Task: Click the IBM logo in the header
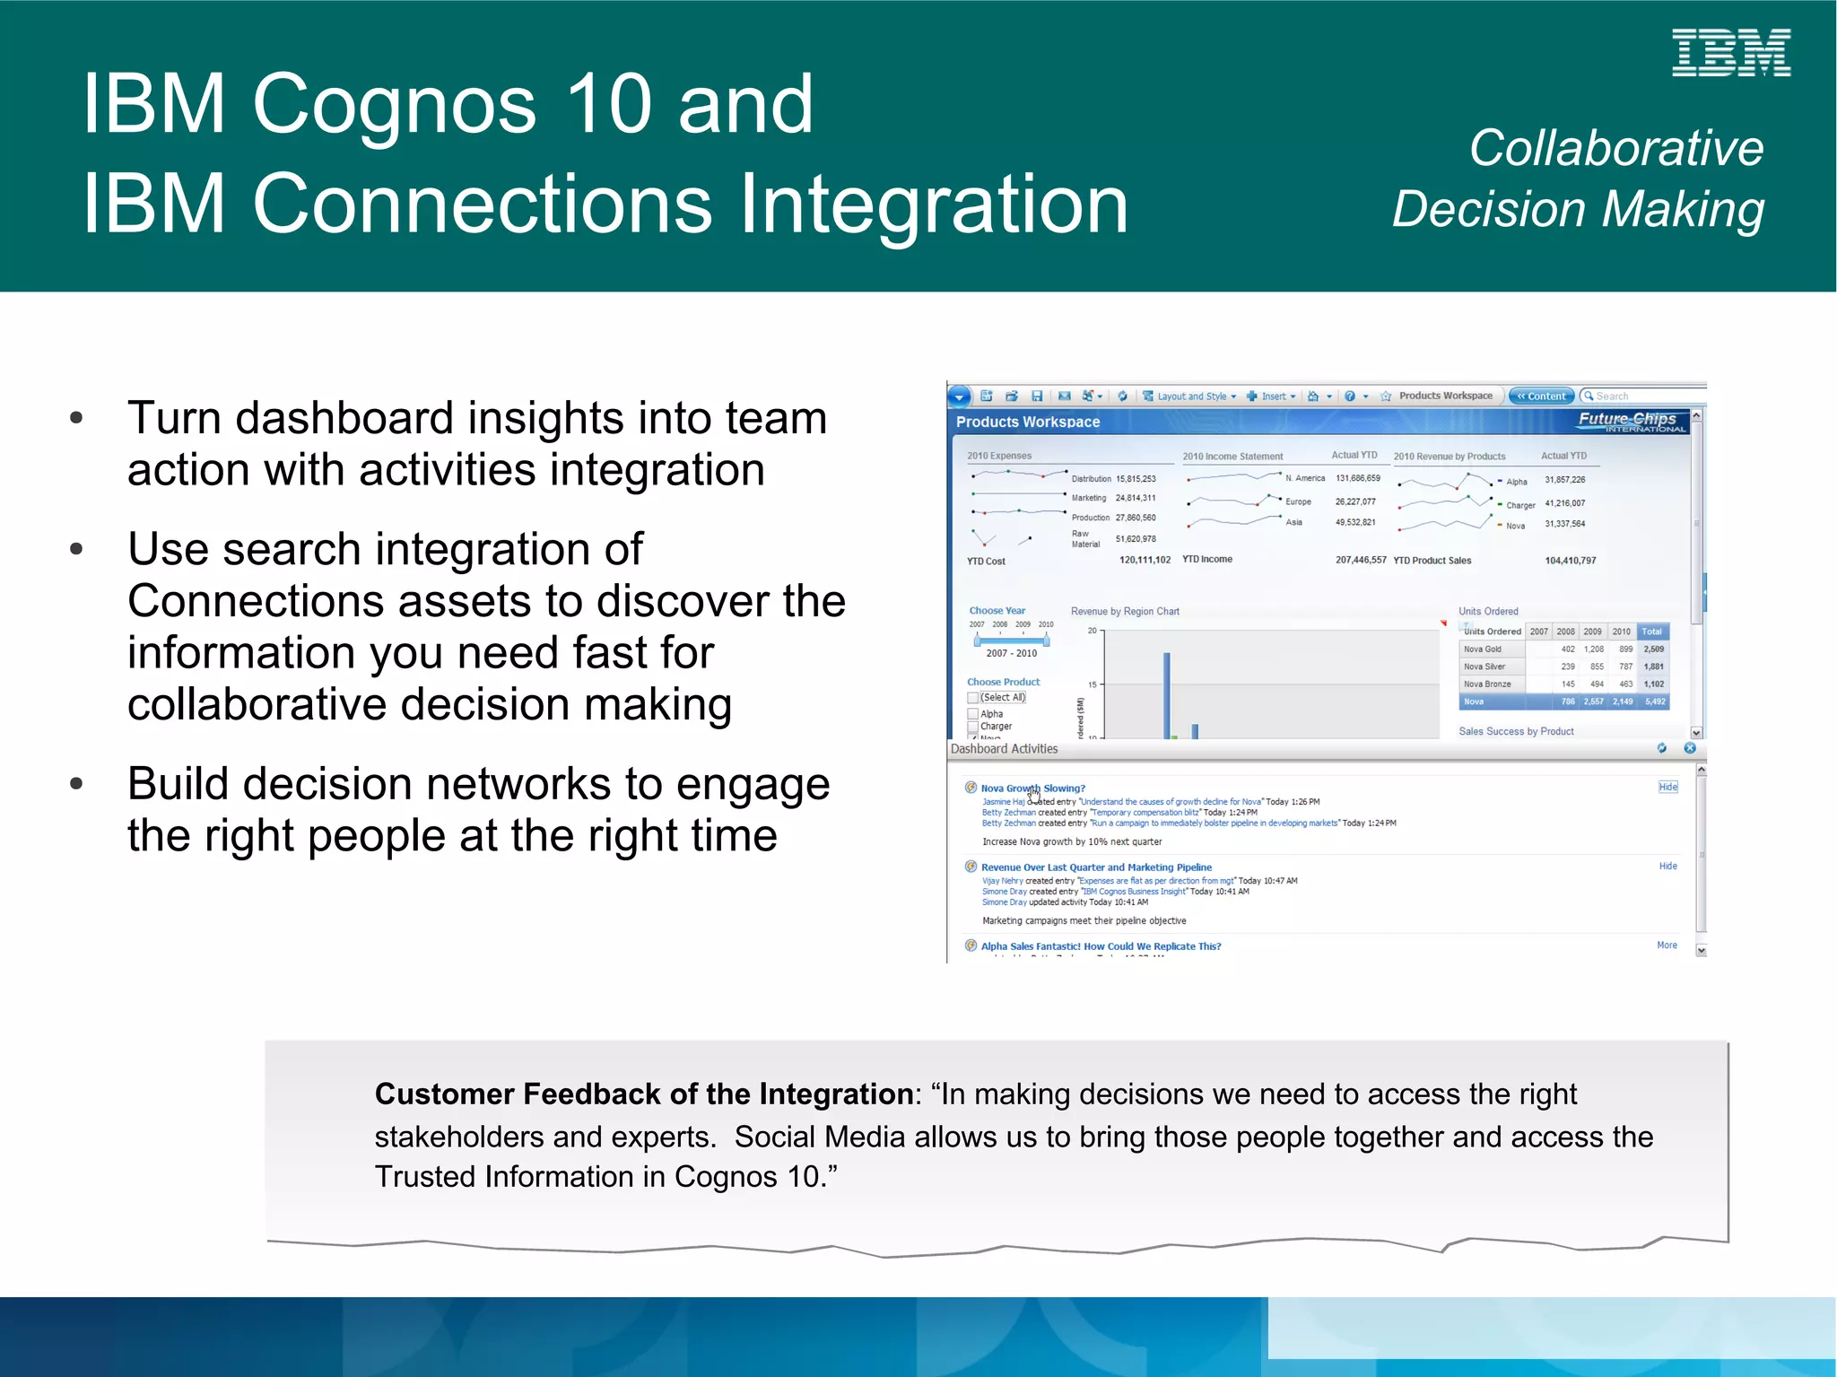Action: [x=1730, y=52]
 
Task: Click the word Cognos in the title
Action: [x=395, y=104]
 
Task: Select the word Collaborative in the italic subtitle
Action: [x=1615, y=148]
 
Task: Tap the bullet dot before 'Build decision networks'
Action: [x=76, y=784]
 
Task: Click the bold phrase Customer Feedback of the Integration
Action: [x=643, y=1094]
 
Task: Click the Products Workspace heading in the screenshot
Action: [x=1027, y=422]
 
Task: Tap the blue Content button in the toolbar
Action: [x=1541, y=396]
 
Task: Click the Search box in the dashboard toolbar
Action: [x=1641, y=396]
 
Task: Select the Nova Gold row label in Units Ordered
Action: [x=1482, y=649]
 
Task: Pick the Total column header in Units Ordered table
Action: [x=1651, y=632]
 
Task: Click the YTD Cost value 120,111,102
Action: [x=1145, y=560]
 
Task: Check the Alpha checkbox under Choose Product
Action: [x=973, y=714]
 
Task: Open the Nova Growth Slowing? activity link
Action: [x=1032, y=789]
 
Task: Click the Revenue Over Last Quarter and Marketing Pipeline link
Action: [x=1096, y=867]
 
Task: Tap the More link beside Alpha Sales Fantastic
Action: [x=1667, y=946]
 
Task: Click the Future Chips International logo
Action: [x=1632, y=421]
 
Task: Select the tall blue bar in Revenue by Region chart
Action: [x=1166, y=695]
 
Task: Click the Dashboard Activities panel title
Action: [x=1004, y=749]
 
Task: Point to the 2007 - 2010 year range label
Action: [x=1011, y=653]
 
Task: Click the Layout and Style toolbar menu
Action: [x=1190, y=397]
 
